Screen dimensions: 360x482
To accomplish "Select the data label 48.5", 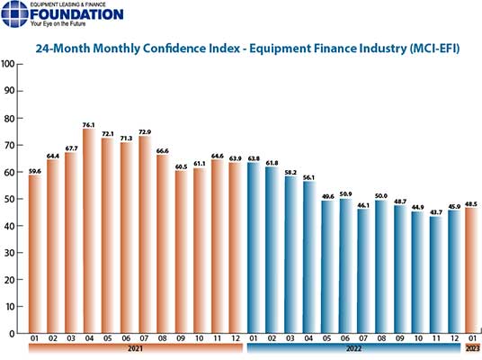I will pyautogui.click(x=470, y=202).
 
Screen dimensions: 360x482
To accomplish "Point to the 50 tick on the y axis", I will pyautogui.click(x=10, y=199).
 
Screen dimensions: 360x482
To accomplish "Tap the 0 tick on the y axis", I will pyautogui.click(x=13, y=334).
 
